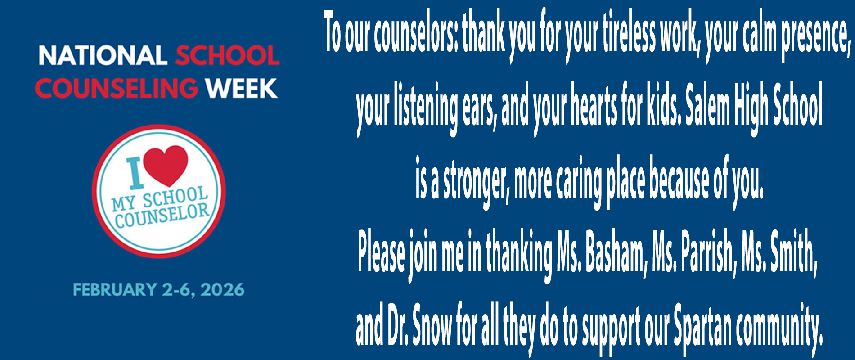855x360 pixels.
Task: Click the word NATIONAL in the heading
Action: click(102, 56)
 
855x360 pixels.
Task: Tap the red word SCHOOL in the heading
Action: click(227, 56)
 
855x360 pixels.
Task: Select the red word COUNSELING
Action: click(117, 88)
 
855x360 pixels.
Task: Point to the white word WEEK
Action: click(242, 88)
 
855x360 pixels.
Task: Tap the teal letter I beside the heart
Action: click(135, 173)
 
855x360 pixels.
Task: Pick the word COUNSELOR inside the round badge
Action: click(162, 216)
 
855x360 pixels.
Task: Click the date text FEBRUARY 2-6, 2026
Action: click(159, 289)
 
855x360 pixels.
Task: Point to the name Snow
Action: click(432, 325)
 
